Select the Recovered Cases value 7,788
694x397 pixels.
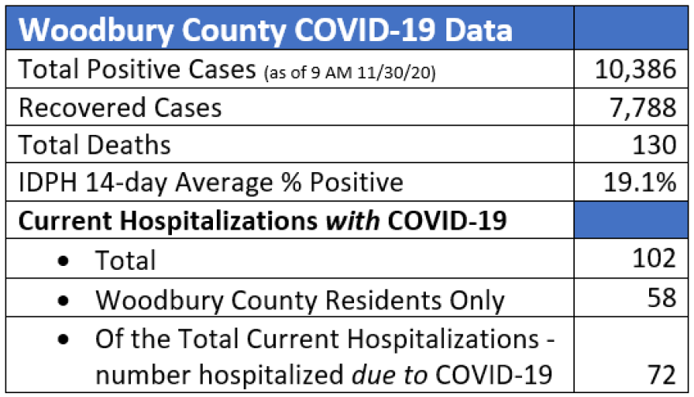pyautogui.click(x=643, y=107)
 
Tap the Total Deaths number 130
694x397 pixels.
pyautogui.click(x=654, y=144)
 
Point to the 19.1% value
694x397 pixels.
pyautogui.click(x=638, y=182)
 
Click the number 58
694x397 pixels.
pyautogui.click(x=661, y=298)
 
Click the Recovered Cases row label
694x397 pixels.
pyautogui.click(x=120, y=107)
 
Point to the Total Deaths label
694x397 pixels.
pyautogui.click(x=95, y=145)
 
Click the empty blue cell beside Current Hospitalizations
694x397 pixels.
pyautogui.click(x=632, y=221)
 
